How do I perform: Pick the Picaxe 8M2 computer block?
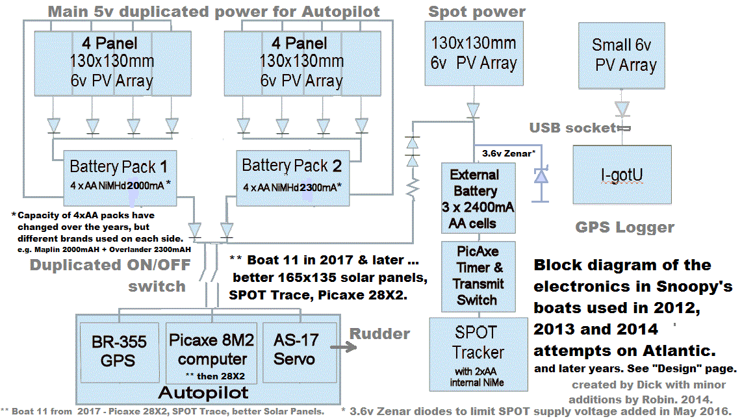pyautogui.click(x=211, y=351)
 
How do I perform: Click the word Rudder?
pyautogui.click(x=379, y=334)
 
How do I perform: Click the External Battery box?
pyautogui.click(x=478, y=198)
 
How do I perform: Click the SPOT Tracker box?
pyautogui.click(x=479, y=354)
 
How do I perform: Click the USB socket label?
pyautogui.click(x=572, y=128)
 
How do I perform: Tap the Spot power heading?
pyautogui.click(x=476, y=11)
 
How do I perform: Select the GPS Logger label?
pyautogui.click(x=624, y=227)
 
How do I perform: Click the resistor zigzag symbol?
pyautogui.click(x=411, y=189)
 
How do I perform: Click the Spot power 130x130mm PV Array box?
pyautogui.click(x=474, y=53)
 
